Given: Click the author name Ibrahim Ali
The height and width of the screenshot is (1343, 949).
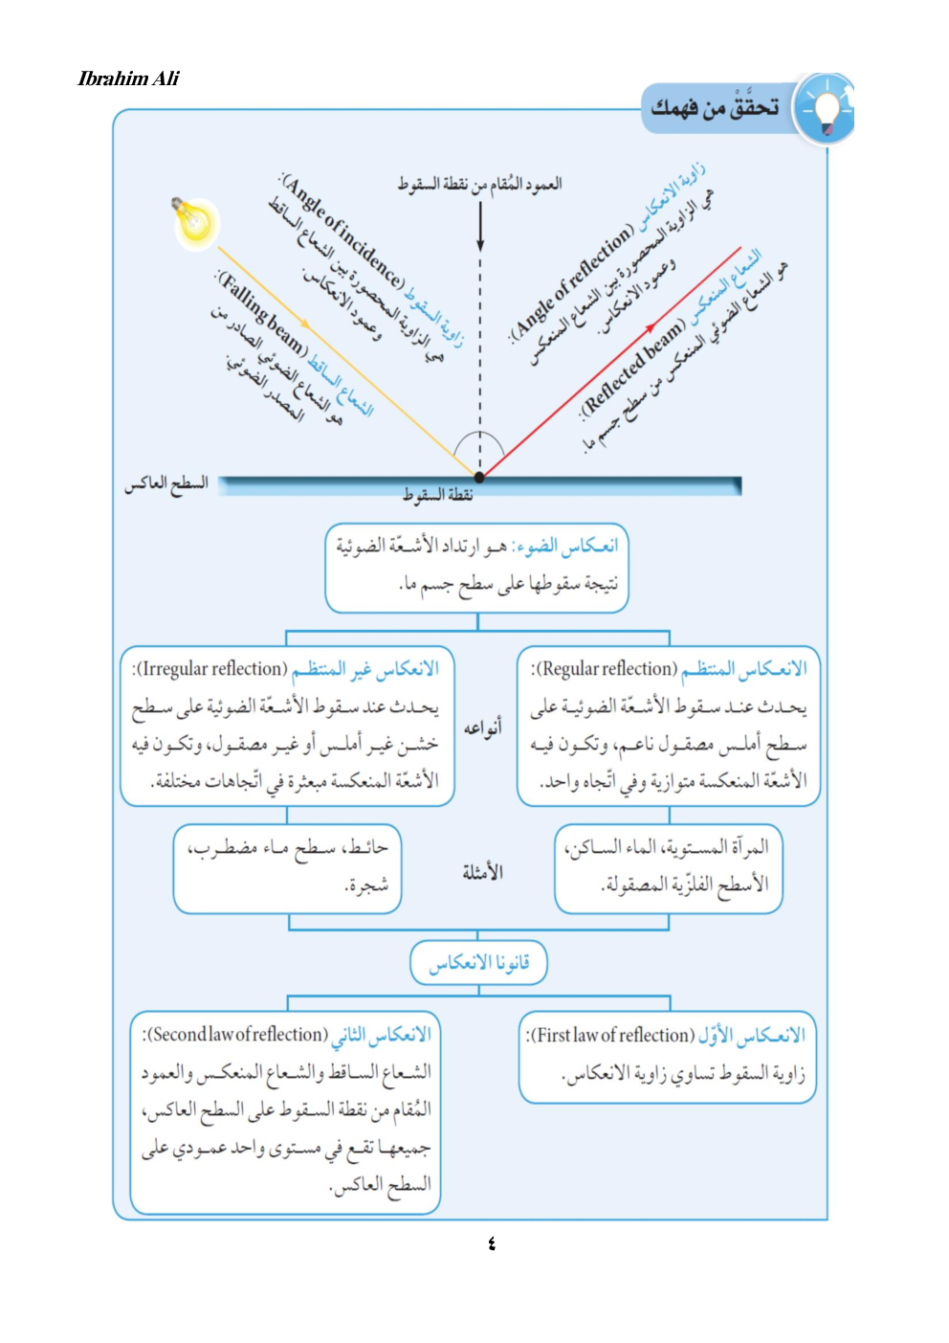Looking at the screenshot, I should click(128, 78).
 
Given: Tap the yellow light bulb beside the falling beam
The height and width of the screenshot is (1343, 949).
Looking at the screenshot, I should click(194, 222).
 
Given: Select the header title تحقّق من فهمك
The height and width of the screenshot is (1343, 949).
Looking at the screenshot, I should click(715, 108).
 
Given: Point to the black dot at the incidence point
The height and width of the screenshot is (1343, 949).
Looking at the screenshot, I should click(479, 476).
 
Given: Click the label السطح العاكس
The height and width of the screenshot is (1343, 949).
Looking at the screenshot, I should click(166, 484).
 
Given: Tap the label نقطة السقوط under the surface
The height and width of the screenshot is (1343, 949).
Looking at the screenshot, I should click(438, 495).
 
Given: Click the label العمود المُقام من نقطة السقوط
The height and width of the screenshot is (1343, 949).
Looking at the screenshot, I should click(480, 184).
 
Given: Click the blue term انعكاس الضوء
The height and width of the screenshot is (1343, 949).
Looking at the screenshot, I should click(566, 546).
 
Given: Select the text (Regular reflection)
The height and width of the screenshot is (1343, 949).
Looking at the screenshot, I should click(605, 669).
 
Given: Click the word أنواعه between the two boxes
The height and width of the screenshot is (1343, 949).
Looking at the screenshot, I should click(483, 728).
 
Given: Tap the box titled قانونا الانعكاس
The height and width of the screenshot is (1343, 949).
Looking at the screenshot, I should click(478, 963).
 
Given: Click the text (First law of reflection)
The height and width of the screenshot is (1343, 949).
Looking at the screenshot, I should click(610, 1036).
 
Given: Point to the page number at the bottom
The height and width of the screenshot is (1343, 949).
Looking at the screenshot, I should click(492, 1243).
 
